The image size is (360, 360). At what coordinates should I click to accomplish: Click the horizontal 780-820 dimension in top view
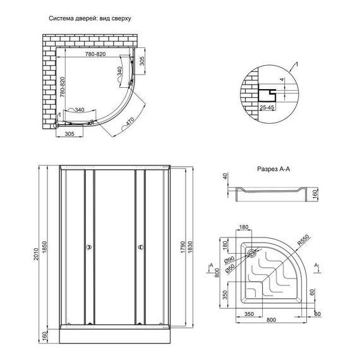pyautogui.click(x=92, y=54)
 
